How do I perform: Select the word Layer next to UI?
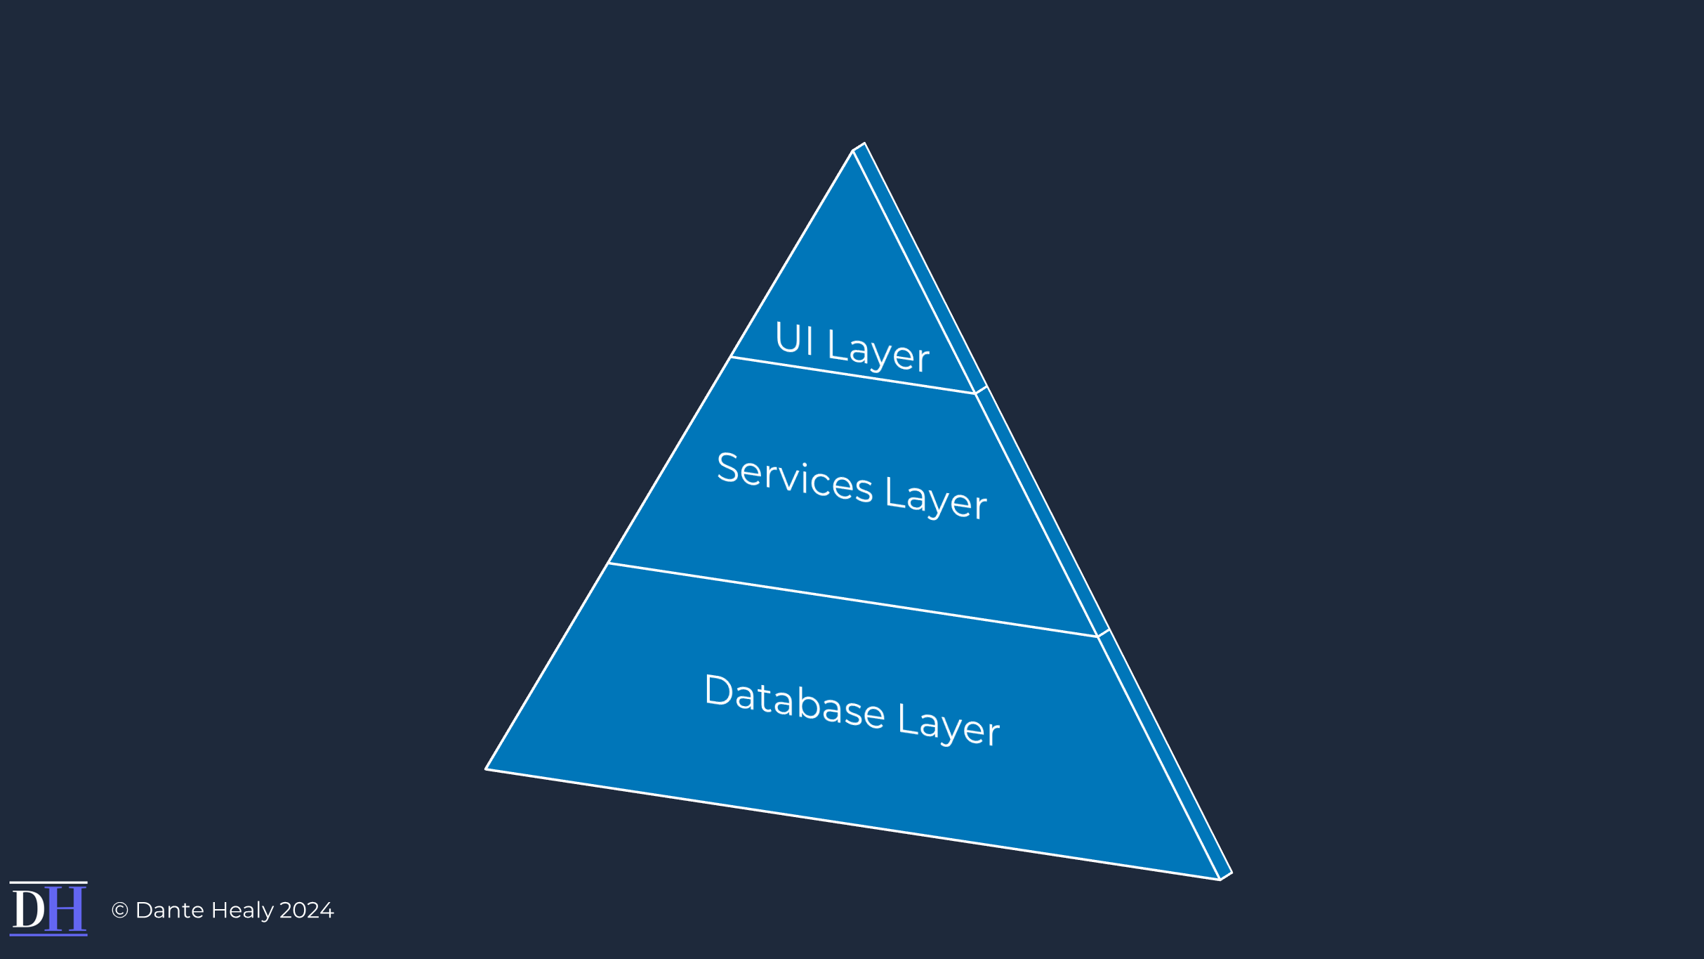point(878,351)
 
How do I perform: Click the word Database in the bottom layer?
point(794,701)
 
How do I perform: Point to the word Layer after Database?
point(949,725)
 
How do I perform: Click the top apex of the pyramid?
point(854,150)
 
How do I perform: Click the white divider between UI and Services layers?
point(853,375)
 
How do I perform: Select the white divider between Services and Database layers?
point(853,599)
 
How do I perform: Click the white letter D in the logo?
point(29,909)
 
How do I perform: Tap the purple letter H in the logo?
point(65,909)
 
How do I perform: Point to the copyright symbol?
point(120,911)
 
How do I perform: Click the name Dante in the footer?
point(169,911)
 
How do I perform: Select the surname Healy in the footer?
point(242,911)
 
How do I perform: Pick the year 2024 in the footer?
point(306,911)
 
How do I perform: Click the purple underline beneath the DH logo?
point(48,934)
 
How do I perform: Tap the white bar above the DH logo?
point(48,883)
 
